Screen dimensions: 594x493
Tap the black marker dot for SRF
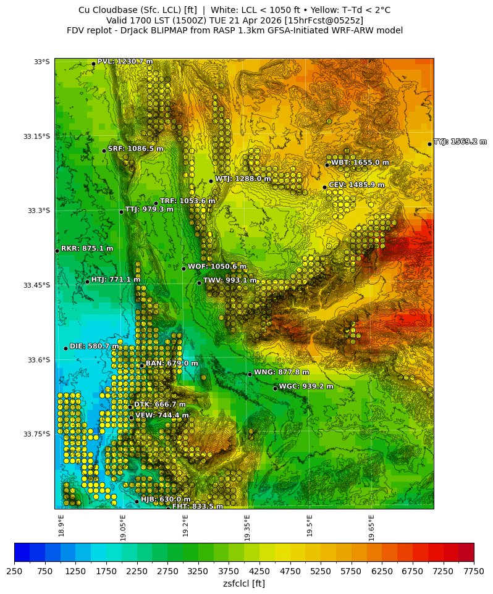[x=104, y=151]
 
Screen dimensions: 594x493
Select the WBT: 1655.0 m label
[x=360, y=162]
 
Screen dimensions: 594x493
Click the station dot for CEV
[x=324, y=187]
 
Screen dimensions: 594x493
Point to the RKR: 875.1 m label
[x=87, y=249]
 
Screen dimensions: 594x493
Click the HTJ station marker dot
[x=87, y=282]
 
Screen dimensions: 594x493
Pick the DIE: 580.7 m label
[x=94, y=346]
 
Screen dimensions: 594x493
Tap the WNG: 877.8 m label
[x=281, y=372]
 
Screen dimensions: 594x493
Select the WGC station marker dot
[x=275, y=388]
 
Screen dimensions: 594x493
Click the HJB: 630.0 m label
[x=166, y=500]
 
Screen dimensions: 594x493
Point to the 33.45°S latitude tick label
[x=36, y=285]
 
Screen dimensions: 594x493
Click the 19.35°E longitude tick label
[x=247, y=528]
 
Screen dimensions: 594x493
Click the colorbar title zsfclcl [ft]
[x=244, y=584]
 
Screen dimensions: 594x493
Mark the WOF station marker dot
[x=183, y=269]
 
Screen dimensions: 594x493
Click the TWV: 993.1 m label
[x=230, y=280]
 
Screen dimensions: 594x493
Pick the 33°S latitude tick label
[x=41, y=62]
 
